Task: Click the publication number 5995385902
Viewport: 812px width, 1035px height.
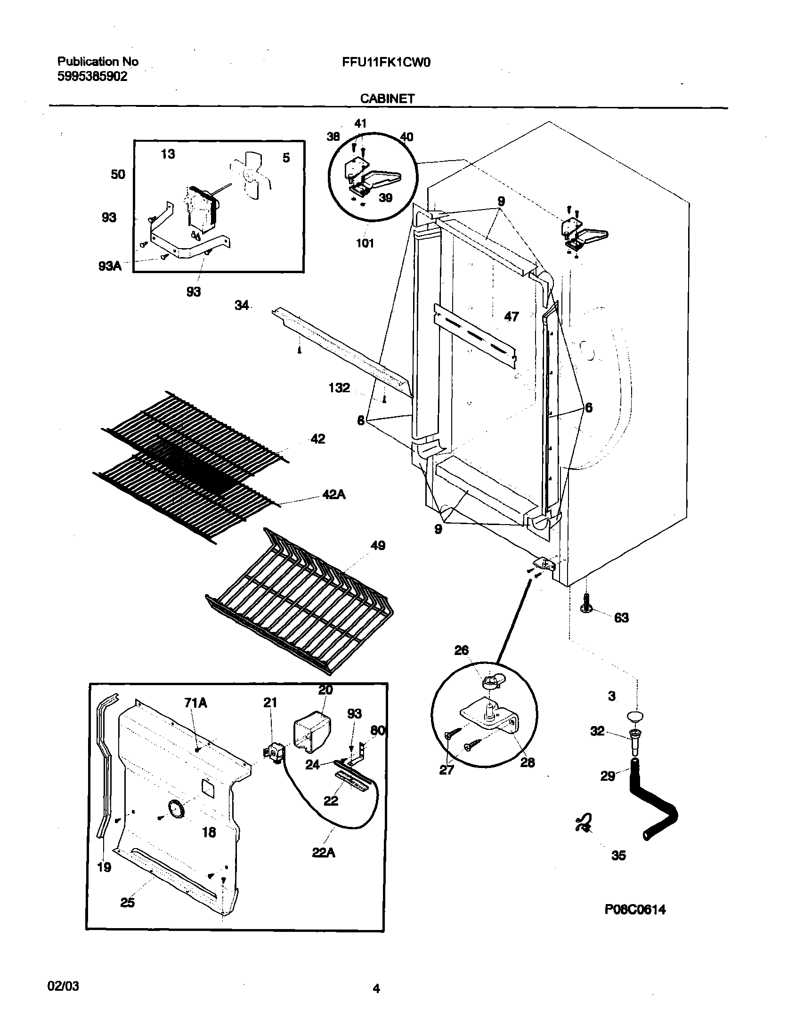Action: pos(92,77)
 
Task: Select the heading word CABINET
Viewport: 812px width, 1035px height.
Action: pos(387,98)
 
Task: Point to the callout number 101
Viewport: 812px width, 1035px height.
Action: pos(365,243)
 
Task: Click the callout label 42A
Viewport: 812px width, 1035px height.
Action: pos(334,495)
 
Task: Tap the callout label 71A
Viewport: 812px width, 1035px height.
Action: pos(195,703)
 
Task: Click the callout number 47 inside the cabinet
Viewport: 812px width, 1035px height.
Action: pos(512,316)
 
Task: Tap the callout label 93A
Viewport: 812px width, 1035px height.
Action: pos(110,266)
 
